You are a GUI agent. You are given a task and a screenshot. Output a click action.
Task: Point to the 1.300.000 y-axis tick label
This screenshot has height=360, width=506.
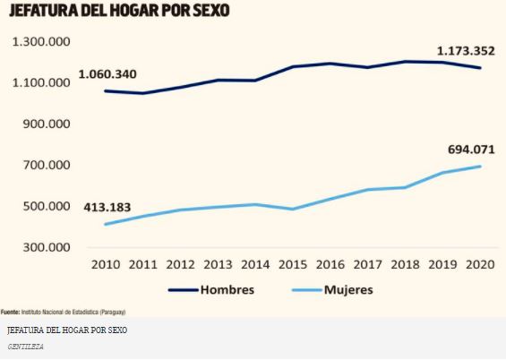41,42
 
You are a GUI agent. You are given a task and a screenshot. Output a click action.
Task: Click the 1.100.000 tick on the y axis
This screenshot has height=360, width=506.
41,83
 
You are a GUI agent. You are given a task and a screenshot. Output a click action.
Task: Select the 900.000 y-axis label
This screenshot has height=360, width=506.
47,124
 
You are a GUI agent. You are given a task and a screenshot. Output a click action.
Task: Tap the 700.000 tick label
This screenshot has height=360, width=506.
47,166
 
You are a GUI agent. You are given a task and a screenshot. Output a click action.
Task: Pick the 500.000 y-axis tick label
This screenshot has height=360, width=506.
47,207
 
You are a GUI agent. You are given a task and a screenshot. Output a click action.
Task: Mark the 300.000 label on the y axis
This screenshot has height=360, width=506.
47,248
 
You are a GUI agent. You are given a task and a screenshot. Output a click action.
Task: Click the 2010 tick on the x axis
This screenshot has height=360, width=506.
107,265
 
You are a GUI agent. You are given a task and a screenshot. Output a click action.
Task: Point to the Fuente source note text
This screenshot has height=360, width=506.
63,312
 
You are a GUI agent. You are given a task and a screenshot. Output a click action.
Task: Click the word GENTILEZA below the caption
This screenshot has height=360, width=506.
24,346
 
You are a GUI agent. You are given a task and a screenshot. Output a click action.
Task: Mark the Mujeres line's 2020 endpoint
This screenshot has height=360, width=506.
481,167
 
